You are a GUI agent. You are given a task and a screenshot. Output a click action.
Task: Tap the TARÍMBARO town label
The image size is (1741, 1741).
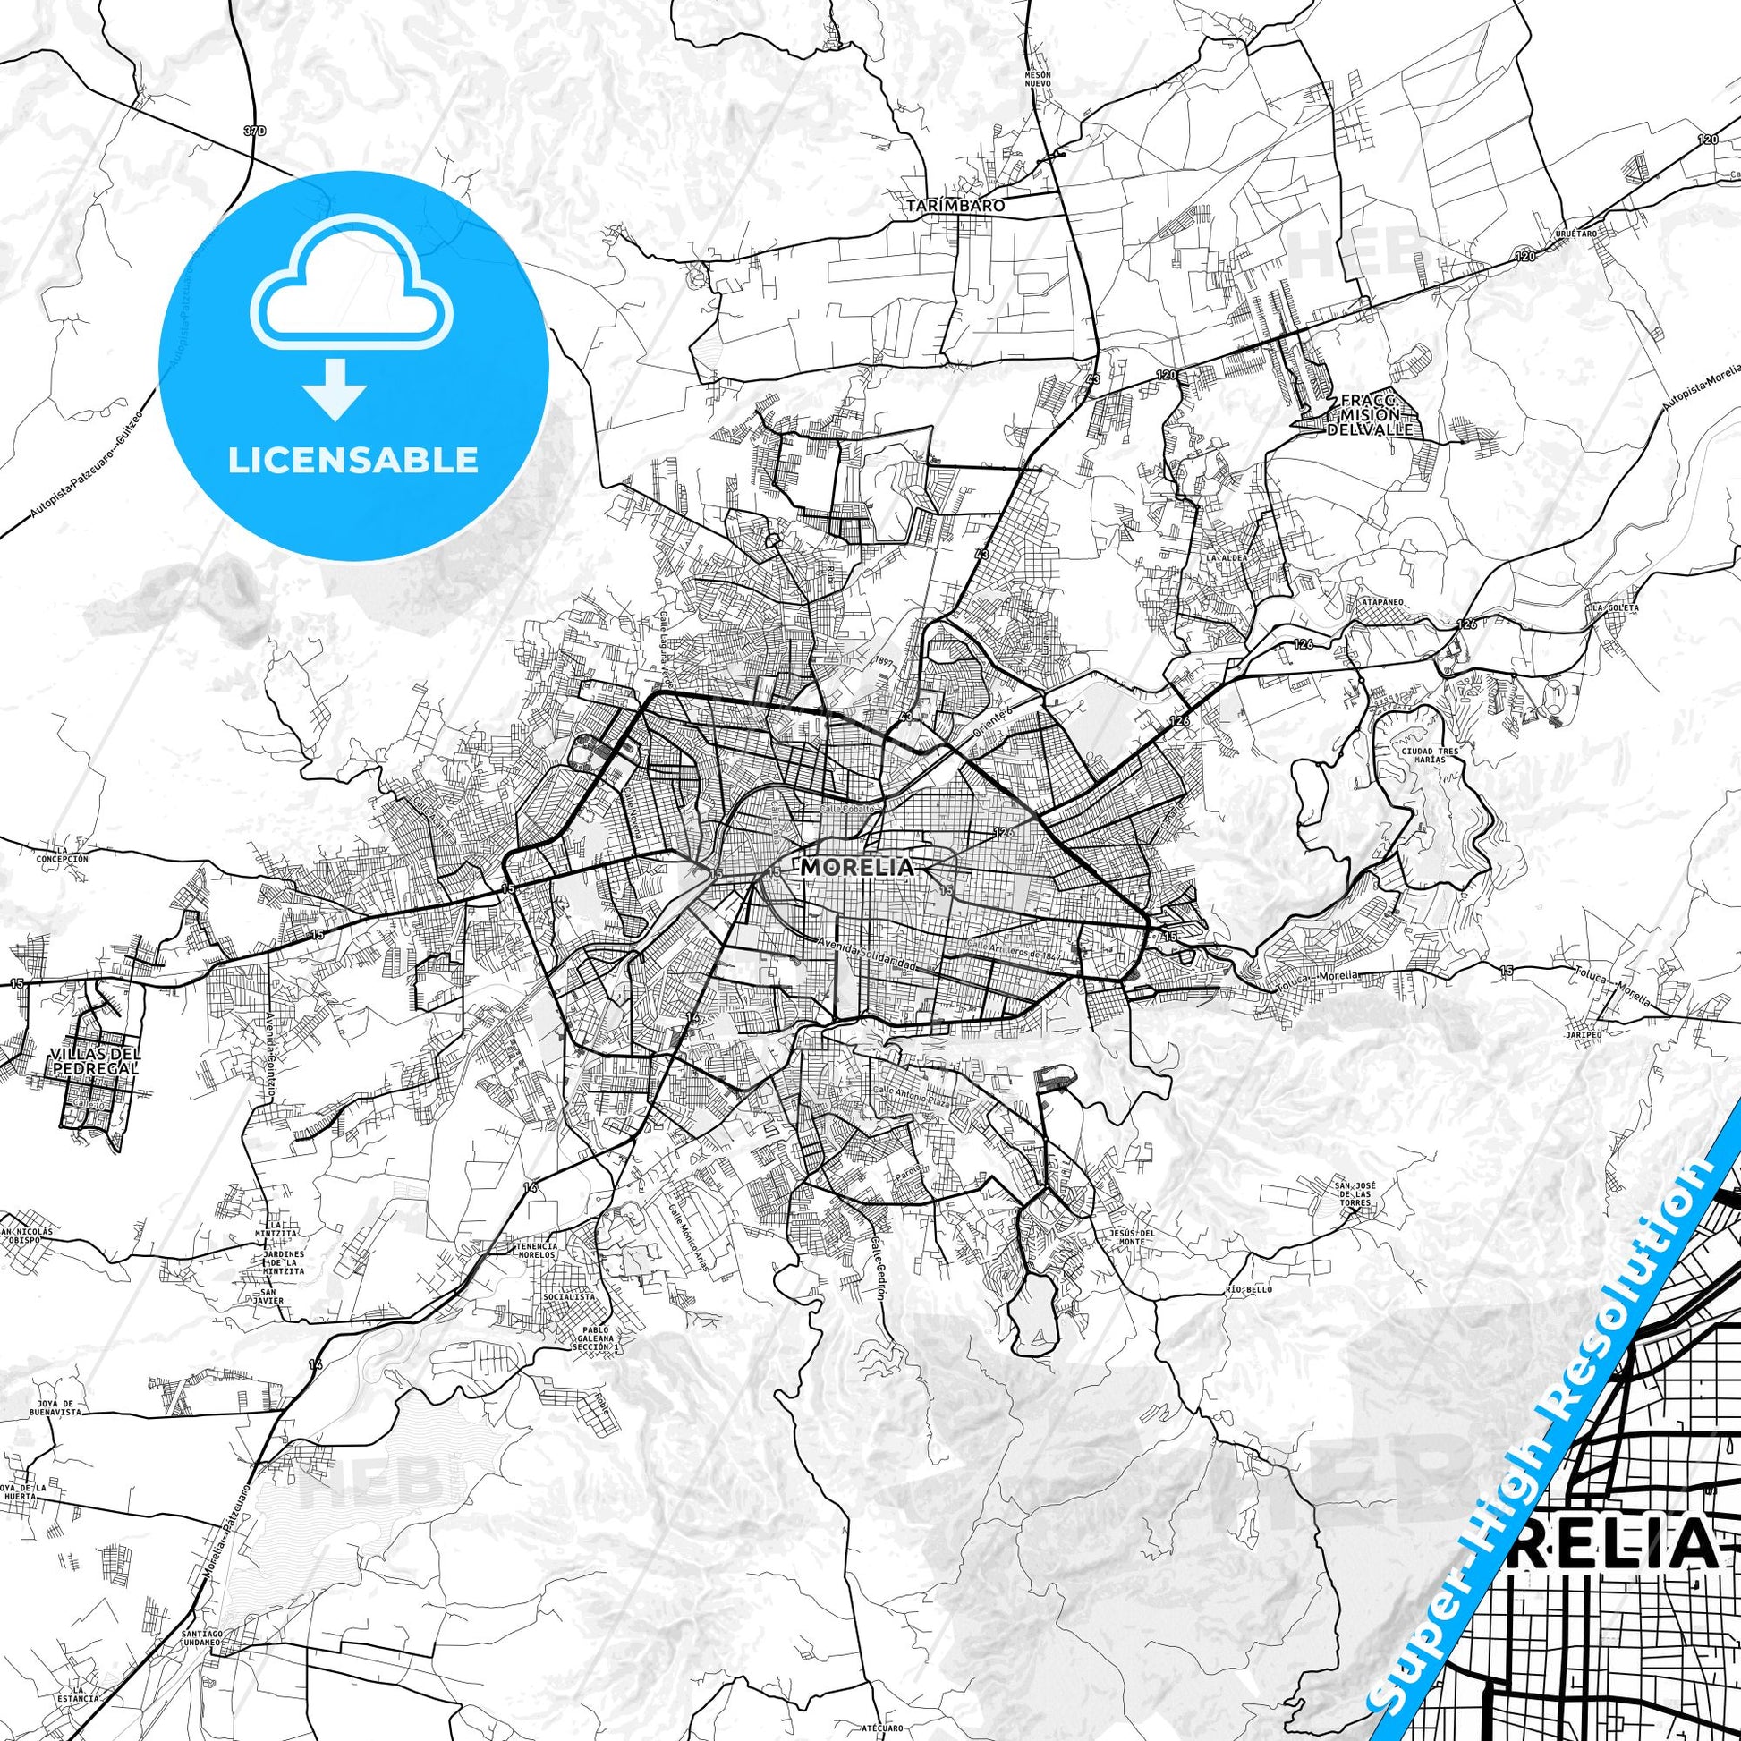coord(955,205)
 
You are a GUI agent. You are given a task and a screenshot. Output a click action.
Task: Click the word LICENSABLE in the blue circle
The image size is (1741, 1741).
coord(353,459)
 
